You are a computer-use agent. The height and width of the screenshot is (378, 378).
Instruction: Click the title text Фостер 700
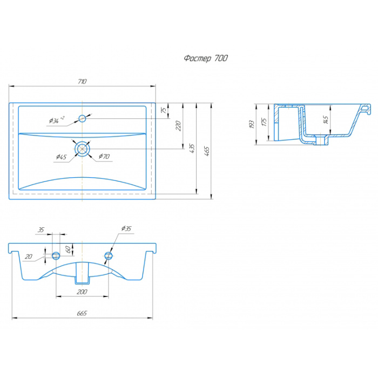[x=206, y=58]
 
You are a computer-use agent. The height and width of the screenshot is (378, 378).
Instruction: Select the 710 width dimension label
[x=82, y=82]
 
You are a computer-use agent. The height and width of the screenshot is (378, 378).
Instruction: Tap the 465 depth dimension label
[x=207, y=151]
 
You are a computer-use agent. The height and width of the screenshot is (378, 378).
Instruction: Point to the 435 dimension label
[x=192, y=148]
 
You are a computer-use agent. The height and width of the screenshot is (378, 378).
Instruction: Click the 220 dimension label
[x=178, y=126]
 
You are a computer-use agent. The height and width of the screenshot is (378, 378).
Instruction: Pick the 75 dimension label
[x=164, y=110]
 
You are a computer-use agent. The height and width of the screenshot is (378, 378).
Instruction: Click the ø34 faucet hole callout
[x=57, y=119]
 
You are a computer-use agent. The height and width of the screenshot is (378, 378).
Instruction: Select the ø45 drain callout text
[x=61, y=157]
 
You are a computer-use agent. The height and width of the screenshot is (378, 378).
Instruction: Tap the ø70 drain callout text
[x=104, y=157]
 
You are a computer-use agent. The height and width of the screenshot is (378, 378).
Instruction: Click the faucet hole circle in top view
[x=82, y=118]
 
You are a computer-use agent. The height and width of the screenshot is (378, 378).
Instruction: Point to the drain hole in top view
[x=82, y=149]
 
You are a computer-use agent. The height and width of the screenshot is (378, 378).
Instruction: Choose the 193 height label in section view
[x=252, y=124]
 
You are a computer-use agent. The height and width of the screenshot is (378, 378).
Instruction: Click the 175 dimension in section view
[x=265, y=122]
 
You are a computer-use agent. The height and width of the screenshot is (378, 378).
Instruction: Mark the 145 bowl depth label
[x=326, y=120]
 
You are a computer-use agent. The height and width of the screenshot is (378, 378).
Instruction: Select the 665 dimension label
[x=82, y=313]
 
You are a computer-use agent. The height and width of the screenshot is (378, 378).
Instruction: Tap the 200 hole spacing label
[x=82, y=292]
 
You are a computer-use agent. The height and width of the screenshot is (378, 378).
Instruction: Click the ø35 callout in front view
[x=126, y=228]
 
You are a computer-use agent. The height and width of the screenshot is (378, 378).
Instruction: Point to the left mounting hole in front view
[x=56, y=255]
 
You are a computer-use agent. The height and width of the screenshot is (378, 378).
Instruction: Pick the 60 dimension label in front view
[x=69, y=249]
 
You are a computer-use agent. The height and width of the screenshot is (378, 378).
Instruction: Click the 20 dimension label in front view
[x=29, y=256]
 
